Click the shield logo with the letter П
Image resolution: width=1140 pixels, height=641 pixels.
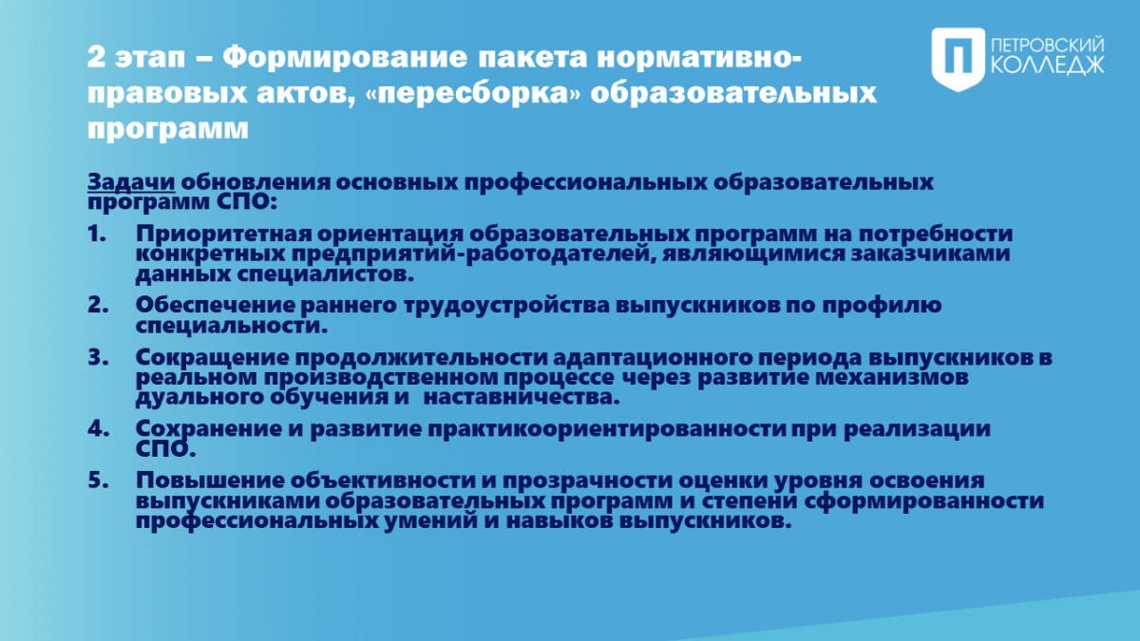tap(959, 60)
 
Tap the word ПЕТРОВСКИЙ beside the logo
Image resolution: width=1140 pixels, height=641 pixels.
tap(1048, 46)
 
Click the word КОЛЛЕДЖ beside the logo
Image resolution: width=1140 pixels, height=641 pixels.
tap(1048, 66)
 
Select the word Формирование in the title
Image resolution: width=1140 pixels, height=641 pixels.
tap(345, 56)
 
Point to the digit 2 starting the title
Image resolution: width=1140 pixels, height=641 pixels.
tap(96, 57)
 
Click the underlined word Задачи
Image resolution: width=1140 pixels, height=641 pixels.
tap(131, 181)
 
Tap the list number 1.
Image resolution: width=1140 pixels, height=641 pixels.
tap(97, 234)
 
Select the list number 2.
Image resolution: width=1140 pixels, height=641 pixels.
tap(98, 305)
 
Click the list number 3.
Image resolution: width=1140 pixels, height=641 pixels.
tap(98, 357)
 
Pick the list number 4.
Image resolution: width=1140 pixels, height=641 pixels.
tap(98, 428)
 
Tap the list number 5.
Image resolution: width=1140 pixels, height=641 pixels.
tap(98, 481)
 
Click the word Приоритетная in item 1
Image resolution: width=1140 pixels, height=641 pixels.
tap(223, 235)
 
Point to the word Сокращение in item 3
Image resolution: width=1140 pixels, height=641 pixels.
tap(212, 358)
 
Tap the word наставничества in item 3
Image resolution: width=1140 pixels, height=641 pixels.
tap(522, 397)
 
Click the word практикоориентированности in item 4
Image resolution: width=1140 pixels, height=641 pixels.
tap(607, 429)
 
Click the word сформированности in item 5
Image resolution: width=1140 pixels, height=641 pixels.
tap(924, 501)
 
